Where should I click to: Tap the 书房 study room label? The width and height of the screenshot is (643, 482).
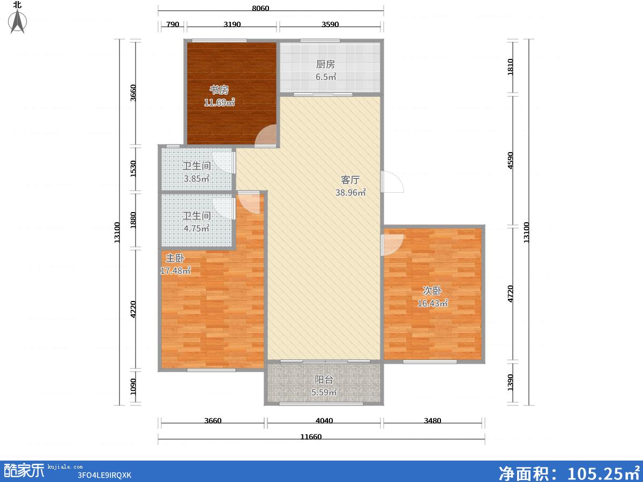point(219,89)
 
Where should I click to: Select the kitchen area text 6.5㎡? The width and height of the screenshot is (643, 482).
point(326,77)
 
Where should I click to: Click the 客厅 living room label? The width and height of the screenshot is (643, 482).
point(350,180)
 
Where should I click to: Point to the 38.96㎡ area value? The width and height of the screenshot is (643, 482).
point(350,192)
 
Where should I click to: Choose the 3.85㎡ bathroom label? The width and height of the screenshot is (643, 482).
point(196,178)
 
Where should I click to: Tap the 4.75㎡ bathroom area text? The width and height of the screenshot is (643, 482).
point(196,228)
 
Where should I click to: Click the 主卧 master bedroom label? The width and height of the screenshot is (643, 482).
point(175,258)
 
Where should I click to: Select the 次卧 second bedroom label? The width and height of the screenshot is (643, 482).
point(432,290)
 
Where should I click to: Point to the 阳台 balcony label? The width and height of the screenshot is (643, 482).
point(324,380)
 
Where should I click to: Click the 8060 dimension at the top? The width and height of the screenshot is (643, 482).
point(260,8)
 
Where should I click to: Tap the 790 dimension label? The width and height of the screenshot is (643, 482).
point(173,24)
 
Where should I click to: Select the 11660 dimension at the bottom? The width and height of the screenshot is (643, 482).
point(311,436)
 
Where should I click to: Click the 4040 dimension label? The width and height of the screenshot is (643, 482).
point(324,420)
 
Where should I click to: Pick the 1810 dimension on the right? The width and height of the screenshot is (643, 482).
point(510,67)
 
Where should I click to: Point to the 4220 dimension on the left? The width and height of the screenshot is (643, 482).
point(133,309)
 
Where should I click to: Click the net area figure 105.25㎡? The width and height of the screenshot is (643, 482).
point(603,472)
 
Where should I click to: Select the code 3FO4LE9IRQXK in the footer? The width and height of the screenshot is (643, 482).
point(104,475)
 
